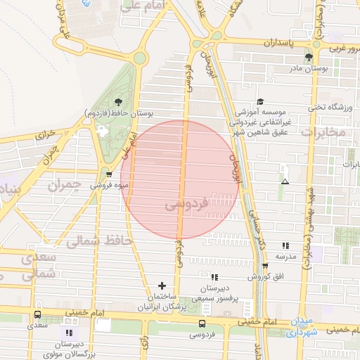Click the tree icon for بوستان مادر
308,57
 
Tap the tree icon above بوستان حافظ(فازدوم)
117,102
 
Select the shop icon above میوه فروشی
108,174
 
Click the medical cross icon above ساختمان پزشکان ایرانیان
162,285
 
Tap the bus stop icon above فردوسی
202,323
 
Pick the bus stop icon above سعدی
37,315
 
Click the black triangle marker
285,181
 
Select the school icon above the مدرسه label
285,245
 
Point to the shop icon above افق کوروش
265,266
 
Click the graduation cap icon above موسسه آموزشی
260,102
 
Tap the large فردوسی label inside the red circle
186,205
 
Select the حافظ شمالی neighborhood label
98,241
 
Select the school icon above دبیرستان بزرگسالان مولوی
68,333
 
